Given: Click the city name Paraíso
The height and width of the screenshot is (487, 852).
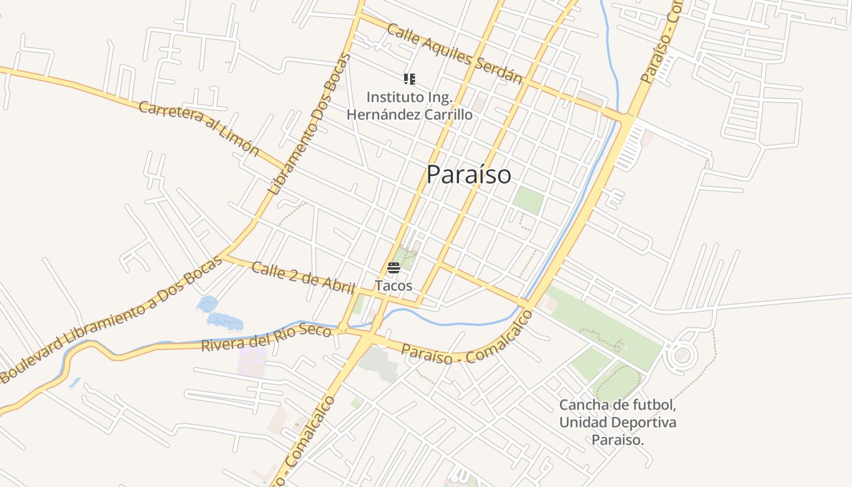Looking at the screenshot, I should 469,175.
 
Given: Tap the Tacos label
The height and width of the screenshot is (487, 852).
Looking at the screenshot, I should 393,286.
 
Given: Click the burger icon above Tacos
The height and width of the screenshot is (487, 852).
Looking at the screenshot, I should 393,267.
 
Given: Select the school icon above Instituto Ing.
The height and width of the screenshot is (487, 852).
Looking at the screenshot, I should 410,79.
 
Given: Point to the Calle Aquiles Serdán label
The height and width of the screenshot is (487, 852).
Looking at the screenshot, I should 455,54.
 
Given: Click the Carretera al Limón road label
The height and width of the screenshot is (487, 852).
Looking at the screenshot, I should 199,129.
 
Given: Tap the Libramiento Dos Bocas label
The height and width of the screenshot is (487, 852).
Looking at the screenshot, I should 310,124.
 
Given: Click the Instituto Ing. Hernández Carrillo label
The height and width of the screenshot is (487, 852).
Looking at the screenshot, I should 410,105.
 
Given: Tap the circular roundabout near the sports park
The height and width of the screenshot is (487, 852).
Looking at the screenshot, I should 682,355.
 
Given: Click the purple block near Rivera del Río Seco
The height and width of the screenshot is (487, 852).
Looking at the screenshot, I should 252,362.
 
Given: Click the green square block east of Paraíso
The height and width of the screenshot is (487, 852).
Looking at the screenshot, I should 528,200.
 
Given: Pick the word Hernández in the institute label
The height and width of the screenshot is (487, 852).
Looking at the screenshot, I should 385,114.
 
